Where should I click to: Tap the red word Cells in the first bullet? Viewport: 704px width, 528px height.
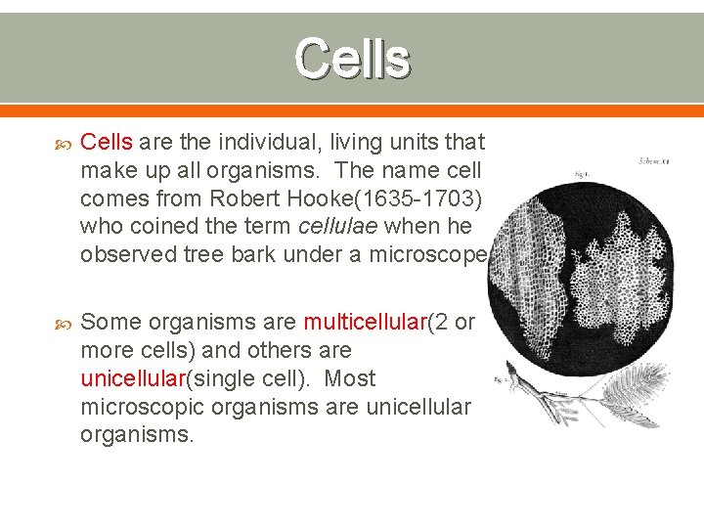107,143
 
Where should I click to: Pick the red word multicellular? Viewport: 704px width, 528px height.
366,323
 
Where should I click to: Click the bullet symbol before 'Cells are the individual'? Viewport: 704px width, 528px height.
61,144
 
